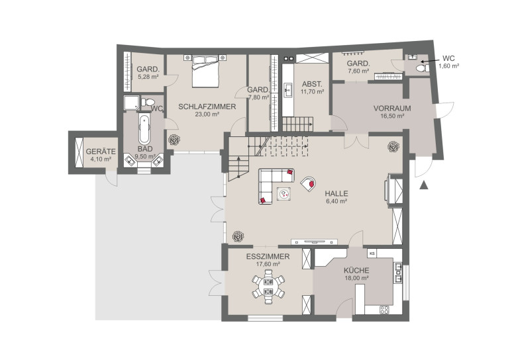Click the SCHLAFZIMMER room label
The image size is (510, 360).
point(207,107)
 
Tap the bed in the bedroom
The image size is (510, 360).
point(205,71)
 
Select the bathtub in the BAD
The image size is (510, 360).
point(144,128)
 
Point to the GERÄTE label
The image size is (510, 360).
point(101,152)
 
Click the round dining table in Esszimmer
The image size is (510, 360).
point(268,287)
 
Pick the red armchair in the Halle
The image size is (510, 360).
point(308,184)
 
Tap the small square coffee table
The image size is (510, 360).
point(283,195)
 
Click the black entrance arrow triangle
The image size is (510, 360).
point(423,185)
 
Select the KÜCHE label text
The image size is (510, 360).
point(356,270)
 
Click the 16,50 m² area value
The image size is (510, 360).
point(392,116)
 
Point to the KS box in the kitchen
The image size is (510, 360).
point(372,253)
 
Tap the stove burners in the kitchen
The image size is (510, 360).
point(384,310)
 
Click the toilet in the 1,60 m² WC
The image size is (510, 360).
point(422,68)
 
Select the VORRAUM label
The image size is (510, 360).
point(392,109)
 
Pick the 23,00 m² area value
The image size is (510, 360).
point(207,114)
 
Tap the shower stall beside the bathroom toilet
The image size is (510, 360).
point(131,103)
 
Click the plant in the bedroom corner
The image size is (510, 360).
point(174,140)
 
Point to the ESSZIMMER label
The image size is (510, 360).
point(268,257)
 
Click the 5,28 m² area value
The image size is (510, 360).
point(148,77)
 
